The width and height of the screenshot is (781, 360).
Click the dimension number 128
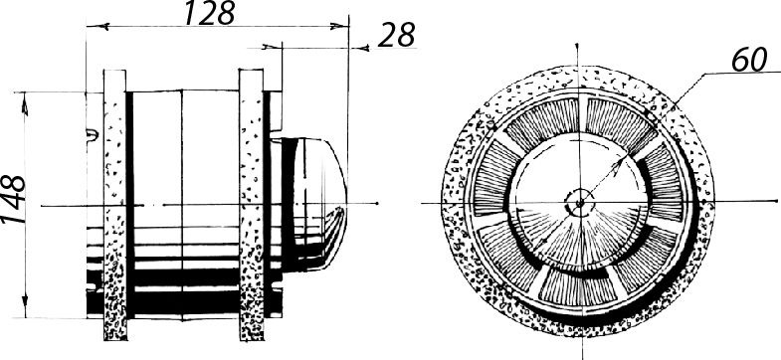[x=209, y=13]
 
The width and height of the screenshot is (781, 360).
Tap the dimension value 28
[x=397, y=36]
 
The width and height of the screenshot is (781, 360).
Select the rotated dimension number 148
[x=14, y=199]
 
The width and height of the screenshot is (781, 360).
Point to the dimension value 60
[x=748, y=61]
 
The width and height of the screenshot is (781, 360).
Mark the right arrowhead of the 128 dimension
[x=338, y=26]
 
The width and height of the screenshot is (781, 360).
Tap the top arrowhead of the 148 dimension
[x=25, y=103]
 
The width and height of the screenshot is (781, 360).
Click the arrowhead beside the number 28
[x=360, y=48]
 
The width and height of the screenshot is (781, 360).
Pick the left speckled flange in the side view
[x=115, y=205]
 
